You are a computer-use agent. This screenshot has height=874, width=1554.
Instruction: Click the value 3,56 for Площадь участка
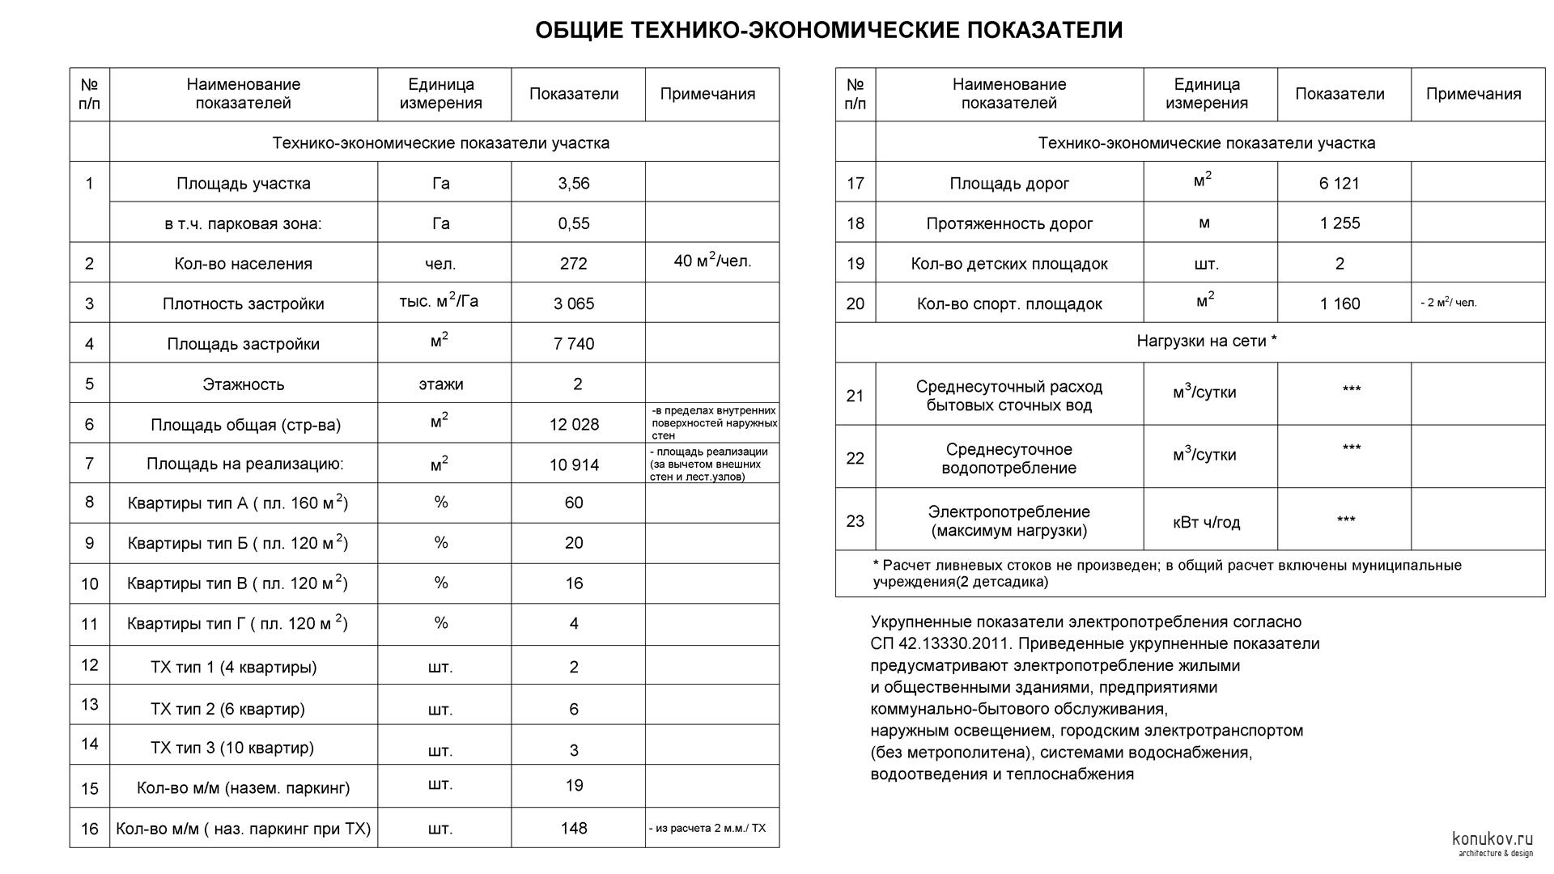tap(573, 183)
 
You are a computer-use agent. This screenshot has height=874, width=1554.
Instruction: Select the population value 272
tap(573, 264)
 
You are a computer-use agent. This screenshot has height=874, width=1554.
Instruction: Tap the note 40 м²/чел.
tap(712, 261)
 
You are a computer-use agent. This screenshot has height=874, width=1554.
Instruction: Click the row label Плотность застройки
tap(243, 304)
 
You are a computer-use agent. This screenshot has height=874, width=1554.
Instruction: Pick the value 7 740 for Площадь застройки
tap(573, 344)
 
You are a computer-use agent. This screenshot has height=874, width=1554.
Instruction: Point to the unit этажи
tap(440, 384)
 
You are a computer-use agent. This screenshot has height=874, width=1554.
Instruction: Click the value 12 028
tap(573, 424)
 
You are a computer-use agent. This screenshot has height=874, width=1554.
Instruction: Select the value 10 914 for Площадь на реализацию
tap(573, 465)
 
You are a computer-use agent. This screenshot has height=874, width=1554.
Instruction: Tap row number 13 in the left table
tap(89, 705)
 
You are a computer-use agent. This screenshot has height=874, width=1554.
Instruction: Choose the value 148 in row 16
tap(573, 828)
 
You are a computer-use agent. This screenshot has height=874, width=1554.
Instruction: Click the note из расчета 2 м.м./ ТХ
tap(707, 829)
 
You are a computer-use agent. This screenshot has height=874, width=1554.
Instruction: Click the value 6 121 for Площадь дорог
tap(1339, 184)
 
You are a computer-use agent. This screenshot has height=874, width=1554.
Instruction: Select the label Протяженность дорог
tap(1008, 224)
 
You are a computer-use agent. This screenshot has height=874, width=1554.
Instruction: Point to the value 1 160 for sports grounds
tap(1339, 304)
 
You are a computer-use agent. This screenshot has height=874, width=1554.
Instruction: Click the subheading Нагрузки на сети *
tap(1206, 342)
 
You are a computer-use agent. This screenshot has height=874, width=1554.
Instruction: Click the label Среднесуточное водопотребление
tap(1008, 459)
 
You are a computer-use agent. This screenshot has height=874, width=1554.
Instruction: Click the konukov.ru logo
tap(1492, 842)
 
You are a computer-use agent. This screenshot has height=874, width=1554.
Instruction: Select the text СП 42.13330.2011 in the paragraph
tap(939, 644)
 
